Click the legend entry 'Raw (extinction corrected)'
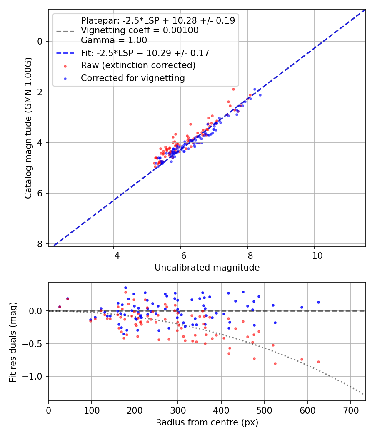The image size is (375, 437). pyautogui.click(x=138, y=65)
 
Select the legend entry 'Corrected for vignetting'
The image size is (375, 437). pyautogui.click(x=133, y=78)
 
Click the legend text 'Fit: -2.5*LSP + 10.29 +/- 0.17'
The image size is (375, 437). pyautogui.click(x=145, y=53)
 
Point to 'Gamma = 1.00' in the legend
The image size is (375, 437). pyautogui.click(x=114, y=40)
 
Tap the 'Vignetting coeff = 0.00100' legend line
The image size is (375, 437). pyautogui.click(x=140, y=30)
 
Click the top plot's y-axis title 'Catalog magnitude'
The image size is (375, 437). pyautogui.click(x=28, y=128)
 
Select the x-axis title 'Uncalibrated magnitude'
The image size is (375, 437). pyautogui.click(x=207, y=268)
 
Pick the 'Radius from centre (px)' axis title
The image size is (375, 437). pyautogui.click(x=207, y=422)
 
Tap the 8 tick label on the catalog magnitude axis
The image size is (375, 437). pyautogui.click(x=40, y=244)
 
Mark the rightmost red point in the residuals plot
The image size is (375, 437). pyautogui.click(x=318, y=362)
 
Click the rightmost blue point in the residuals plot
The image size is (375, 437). pyautogui.click(x=318, y=303)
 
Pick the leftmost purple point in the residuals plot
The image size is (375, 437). pyautogui.click(x=60, y=307)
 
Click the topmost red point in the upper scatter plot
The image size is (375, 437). pyautogui.click(x=233, y=89)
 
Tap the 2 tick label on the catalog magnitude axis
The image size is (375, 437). pyautogui.click(x=40, y=92)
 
